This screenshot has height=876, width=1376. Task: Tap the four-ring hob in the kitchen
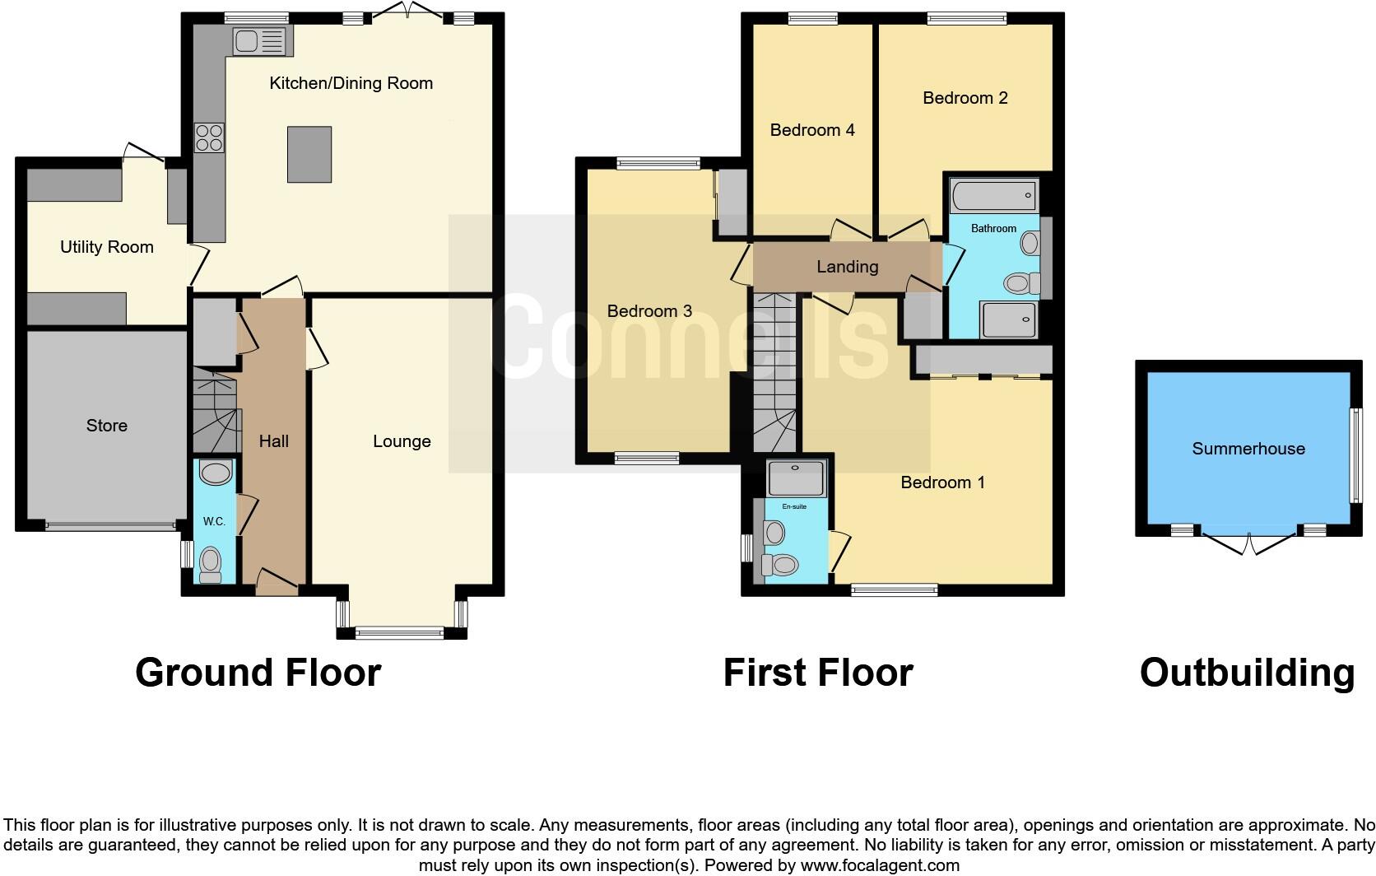click(209, 137)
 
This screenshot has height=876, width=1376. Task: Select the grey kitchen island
click(309, 154)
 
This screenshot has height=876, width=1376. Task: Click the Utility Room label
click(107, 247)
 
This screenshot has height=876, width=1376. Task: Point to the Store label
click(107, 426)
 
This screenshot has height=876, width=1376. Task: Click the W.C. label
click(214, 522)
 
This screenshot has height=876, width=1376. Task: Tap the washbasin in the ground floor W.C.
click(216, 473)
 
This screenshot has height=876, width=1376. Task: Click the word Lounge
click(402, 441)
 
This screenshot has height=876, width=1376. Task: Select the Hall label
click(274, 441)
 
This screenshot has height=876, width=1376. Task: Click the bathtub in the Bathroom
click(993, 197)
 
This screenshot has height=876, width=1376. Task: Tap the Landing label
click(847, 267)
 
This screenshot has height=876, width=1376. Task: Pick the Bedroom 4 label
click(812, 130)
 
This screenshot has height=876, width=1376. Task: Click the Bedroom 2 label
click(965, 98)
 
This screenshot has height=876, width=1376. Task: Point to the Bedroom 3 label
click(649, 311)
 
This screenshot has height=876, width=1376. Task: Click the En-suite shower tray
click(796, 478)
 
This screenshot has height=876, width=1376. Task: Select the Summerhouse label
click(1248, 449)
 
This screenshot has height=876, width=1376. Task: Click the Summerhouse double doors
click(1249, 544)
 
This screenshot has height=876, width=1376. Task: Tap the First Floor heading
click(818, 673)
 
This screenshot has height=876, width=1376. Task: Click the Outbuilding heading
click(1247, 673)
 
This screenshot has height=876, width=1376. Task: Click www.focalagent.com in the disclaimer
click(880, 865)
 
